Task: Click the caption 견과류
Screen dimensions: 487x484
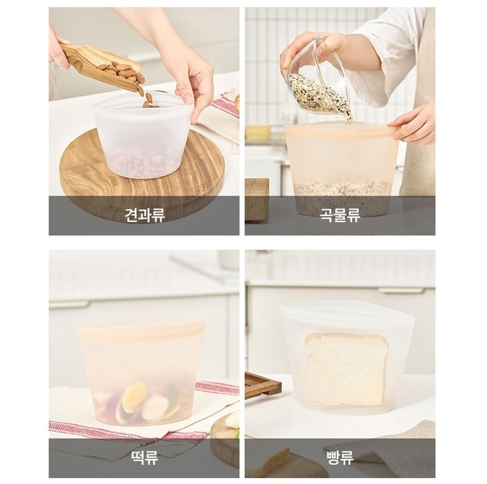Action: point(145,215)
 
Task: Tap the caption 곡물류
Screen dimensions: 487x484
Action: point(340,215)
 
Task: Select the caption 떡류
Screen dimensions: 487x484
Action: point(145,458)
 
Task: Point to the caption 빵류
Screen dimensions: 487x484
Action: point(340,458)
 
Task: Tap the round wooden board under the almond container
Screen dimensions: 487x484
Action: point(141,174)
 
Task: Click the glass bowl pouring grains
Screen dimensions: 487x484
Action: point(320,74)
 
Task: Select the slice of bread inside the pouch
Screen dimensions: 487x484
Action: point(346,370)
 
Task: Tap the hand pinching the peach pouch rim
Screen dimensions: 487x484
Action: point(413,125)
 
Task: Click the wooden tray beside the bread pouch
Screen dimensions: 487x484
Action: point(262,384)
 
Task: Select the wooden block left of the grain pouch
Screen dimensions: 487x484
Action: point(257,199)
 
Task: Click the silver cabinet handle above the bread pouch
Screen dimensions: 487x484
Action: point(400,290)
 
